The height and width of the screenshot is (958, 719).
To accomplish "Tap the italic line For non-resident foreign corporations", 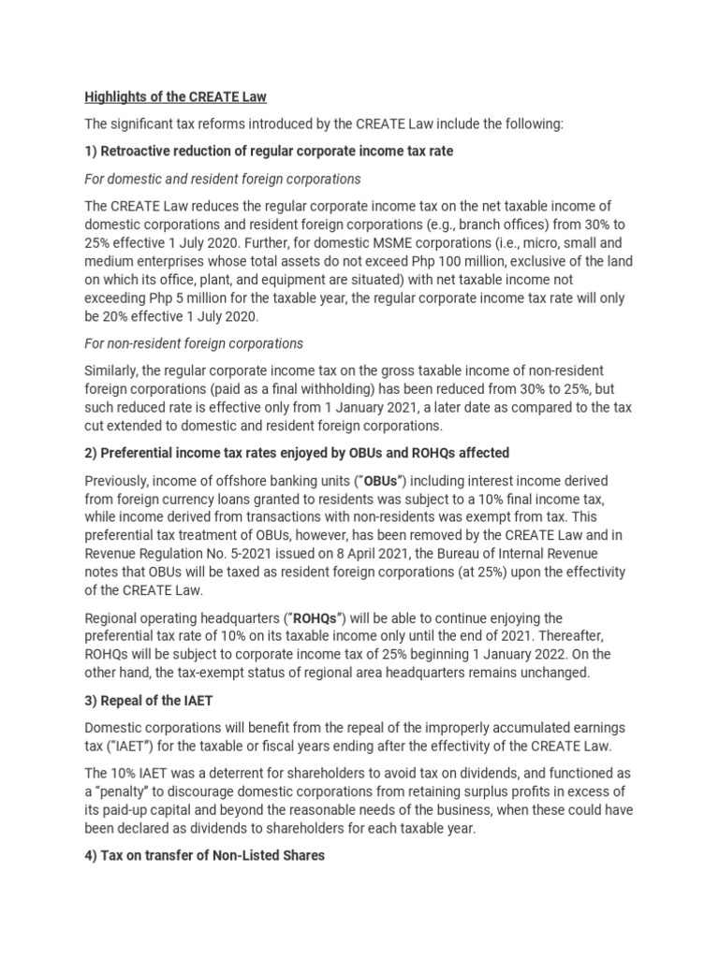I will click(x=194, y=343).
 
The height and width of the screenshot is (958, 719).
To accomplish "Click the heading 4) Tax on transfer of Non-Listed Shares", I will click(x=205, y=854).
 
